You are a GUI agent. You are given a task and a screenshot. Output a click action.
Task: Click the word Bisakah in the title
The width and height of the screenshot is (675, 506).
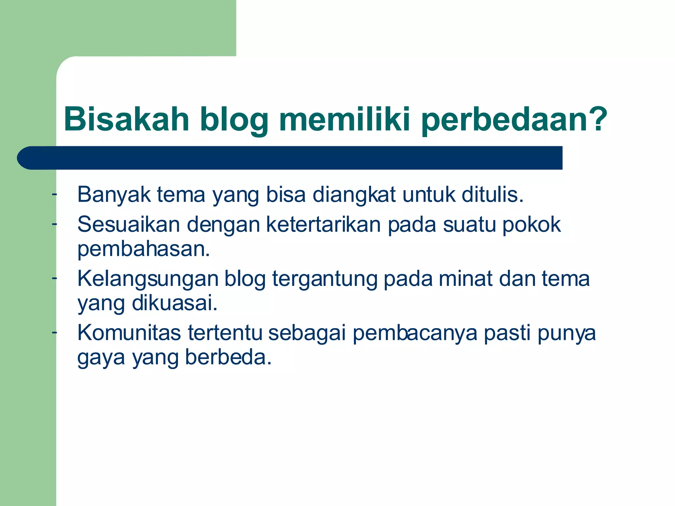pos(127,119)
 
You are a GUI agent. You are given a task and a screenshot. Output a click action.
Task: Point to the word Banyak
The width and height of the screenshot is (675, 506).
pos(114,195)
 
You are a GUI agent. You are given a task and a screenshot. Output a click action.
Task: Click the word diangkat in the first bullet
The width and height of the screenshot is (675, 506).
pos(354,195)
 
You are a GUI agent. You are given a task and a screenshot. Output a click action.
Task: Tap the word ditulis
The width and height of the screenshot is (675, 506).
pos(492,195)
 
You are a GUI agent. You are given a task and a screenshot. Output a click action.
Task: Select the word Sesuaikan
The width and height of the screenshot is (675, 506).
pos(129,225)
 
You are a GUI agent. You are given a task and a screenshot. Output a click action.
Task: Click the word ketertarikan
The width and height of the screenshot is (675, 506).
pos(323,225)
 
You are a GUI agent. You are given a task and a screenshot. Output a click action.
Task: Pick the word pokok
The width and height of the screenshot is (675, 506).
pos(531,225)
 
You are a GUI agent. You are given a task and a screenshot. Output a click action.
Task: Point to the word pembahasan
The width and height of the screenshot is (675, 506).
pos(143,249)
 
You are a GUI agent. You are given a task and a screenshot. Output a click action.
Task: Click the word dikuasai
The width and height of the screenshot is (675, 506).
pos(175,303)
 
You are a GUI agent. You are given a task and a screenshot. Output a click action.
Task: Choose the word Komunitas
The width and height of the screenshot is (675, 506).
pos(129,333)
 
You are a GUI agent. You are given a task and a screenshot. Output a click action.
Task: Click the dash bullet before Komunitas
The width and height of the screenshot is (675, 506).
pos(54,333)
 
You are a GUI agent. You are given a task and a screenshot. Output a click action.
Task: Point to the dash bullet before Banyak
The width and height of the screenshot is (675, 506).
pos(54,195)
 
